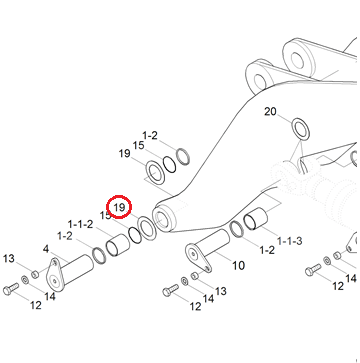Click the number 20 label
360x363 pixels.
point(270,112)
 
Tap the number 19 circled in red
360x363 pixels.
point(119,207)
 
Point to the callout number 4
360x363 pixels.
point(46,249)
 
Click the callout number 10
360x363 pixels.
point(238,265)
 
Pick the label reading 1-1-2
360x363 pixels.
point(80,224)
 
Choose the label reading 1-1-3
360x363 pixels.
point(290,240)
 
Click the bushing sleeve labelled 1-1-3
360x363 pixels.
point(256,219)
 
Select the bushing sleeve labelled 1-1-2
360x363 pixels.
point(118,246)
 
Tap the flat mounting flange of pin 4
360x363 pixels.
point(55,274)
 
